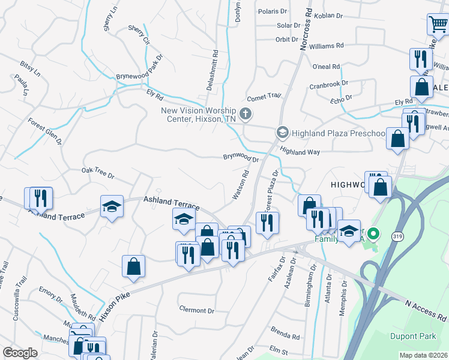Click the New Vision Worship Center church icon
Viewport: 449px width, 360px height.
point(245,113)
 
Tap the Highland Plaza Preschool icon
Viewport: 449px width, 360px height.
point(282,132)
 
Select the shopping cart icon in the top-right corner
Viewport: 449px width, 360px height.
point(438,25)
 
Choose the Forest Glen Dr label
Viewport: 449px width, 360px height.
point(45,130)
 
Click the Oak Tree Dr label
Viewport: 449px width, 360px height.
point(98,173)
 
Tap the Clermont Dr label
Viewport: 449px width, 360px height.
point(196,310)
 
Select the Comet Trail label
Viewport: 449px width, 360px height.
point(264,97)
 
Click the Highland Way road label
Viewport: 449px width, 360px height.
point(300,152)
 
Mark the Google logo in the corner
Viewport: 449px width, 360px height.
point(20,353)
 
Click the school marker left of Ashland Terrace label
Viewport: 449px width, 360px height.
point(112,207)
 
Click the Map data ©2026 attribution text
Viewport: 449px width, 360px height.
point(424,355)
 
